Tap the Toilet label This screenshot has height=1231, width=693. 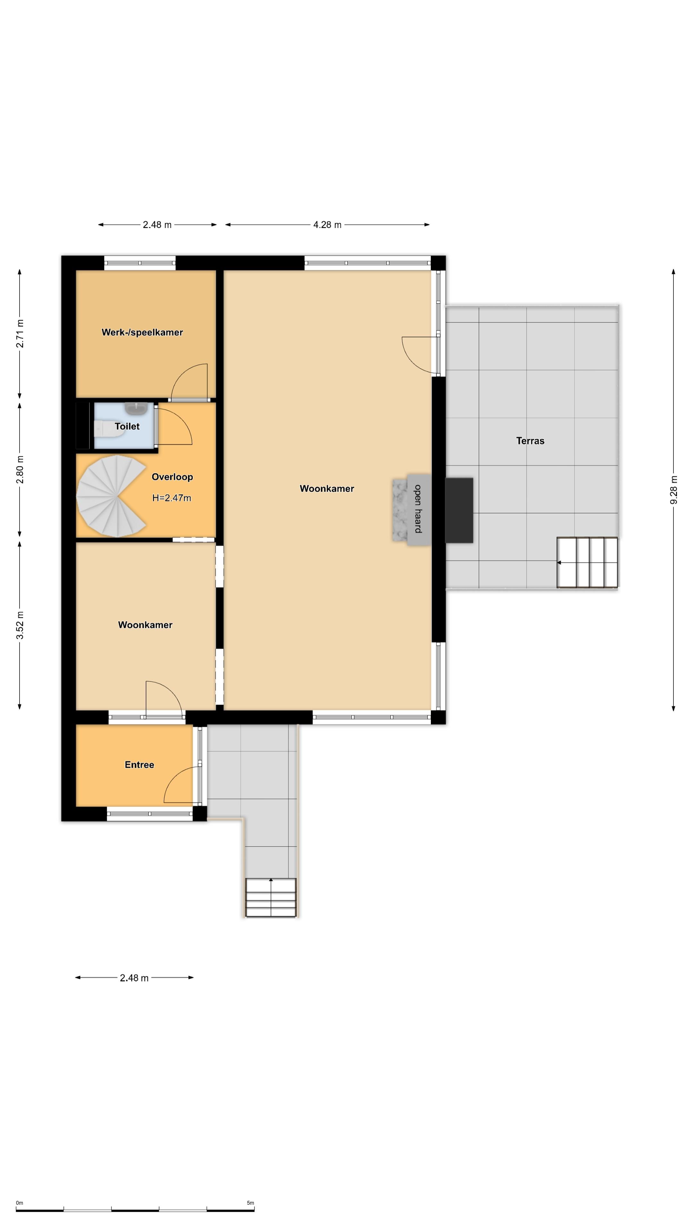127,426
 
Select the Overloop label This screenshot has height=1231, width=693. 172,477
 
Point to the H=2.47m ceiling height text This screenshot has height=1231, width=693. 172,498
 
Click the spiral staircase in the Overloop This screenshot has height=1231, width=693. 111,496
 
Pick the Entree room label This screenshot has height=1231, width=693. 139,765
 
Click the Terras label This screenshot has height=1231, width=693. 530,440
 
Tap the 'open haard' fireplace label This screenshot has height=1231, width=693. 418,508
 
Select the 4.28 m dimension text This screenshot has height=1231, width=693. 327,225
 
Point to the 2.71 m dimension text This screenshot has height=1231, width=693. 20,333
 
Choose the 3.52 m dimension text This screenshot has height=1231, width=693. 20,625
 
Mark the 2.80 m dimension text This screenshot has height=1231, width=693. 20,469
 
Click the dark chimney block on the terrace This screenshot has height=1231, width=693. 459,510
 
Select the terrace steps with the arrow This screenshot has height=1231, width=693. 587,563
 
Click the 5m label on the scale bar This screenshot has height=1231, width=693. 251,1203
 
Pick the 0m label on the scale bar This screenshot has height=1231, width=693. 20,1203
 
